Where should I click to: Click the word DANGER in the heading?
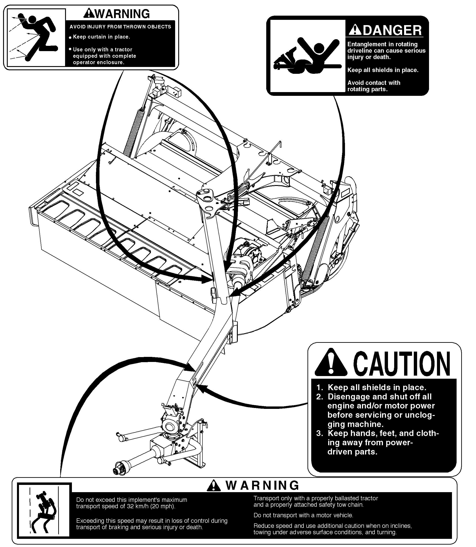(392, 30)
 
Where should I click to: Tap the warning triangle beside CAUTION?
(331, 362)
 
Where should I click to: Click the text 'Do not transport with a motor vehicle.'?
(303, 515)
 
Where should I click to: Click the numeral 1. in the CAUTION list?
(320, 388)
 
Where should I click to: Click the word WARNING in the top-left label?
(122, 14)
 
